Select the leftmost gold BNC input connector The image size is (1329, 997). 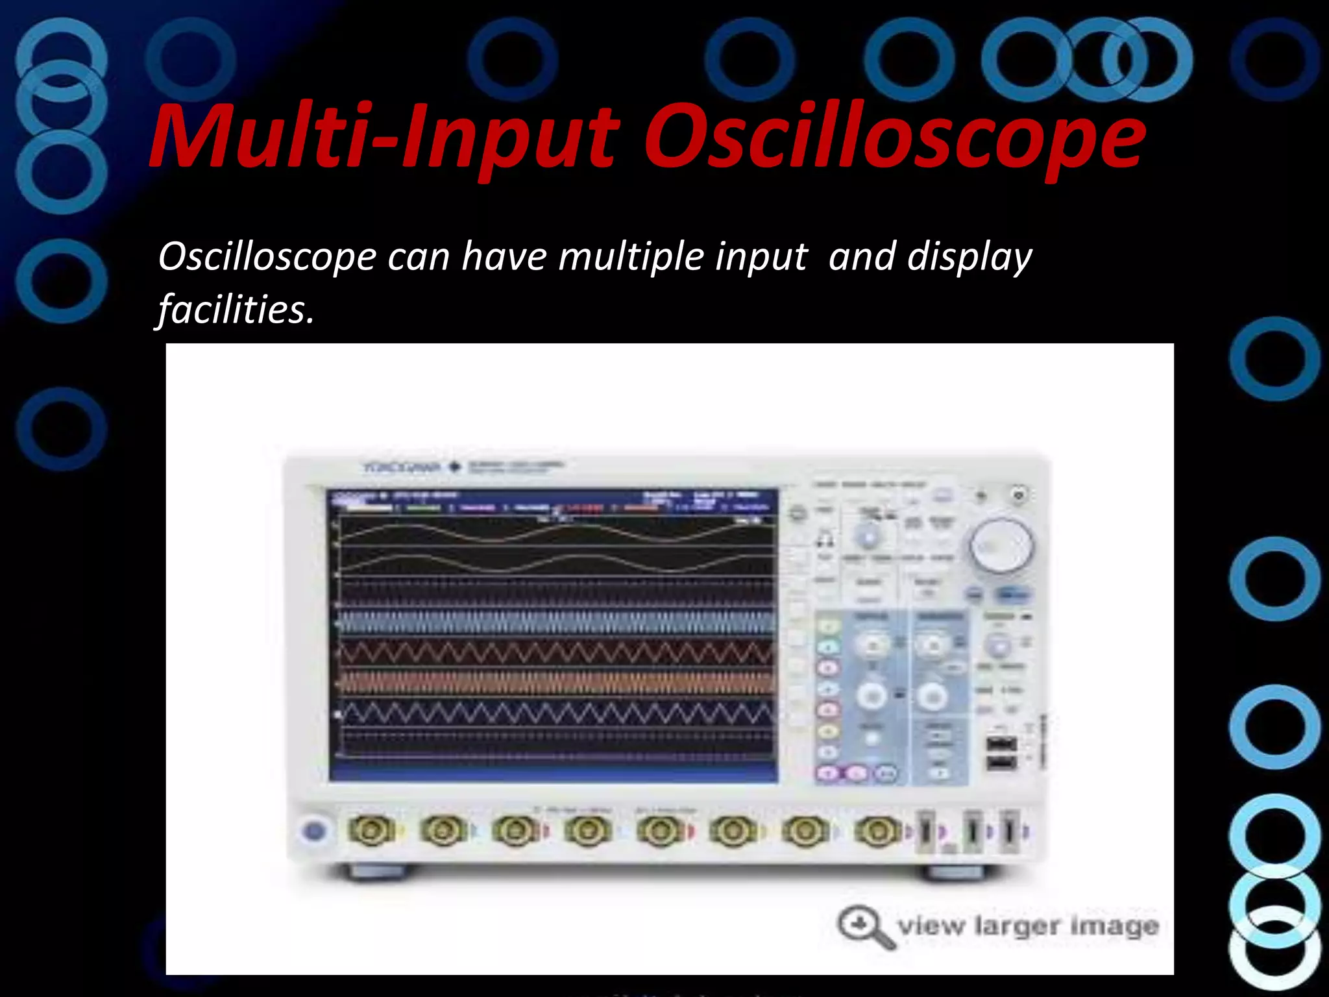point(371,830)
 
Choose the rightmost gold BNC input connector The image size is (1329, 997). point(876,830)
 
